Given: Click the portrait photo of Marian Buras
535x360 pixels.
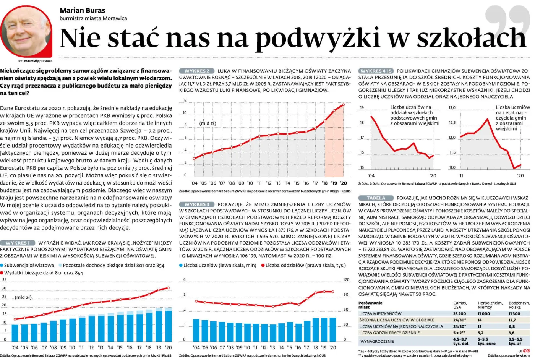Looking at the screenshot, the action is (26, 32).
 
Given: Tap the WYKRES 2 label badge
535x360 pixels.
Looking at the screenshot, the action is (196, 71).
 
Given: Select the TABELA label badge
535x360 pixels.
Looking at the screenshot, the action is (376, 198).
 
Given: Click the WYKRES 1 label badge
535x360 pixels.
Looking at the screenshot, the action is (18, 243).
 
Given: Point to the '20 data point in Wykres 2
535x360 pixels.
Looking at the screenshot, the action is (344, 105).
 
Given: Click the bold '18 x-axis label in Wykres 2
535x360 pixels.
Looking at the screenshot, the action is (324, 183).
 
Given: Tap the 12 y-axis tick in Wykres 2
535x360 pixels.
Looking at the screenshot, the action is (185, 100).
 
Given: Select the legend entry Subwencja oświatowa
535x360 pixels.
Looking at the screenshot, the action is (27, 265).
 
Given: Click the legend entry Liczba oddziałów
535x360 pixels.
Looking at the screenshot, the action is (303, 265).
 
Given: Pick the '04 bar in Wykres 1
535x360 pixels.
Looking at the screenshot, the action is (15, 333).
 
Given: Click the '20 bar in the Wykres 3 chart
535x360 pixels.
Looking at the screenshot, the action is (333, 330).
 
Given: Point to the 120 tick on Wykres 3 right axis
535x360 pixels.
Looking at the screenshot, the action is (346, 279).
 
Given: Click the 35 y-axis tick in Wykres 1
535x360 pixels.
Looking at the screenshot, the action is (4, 279).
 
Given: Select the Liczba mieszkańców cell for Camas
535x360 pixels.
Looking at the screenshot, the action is (459, 314).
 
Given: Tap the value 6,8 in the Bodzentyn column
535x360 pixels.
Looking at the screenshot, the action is (512, 326).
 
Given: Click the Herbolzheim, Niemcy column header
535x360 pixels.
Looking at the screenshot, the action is (490, 305).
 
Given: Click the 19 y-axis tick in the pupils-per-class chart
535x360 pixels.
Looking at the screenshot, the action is (362, 107).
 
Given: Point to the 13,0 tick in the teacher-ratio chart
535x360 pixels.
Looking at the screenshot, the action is (452, 107).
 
